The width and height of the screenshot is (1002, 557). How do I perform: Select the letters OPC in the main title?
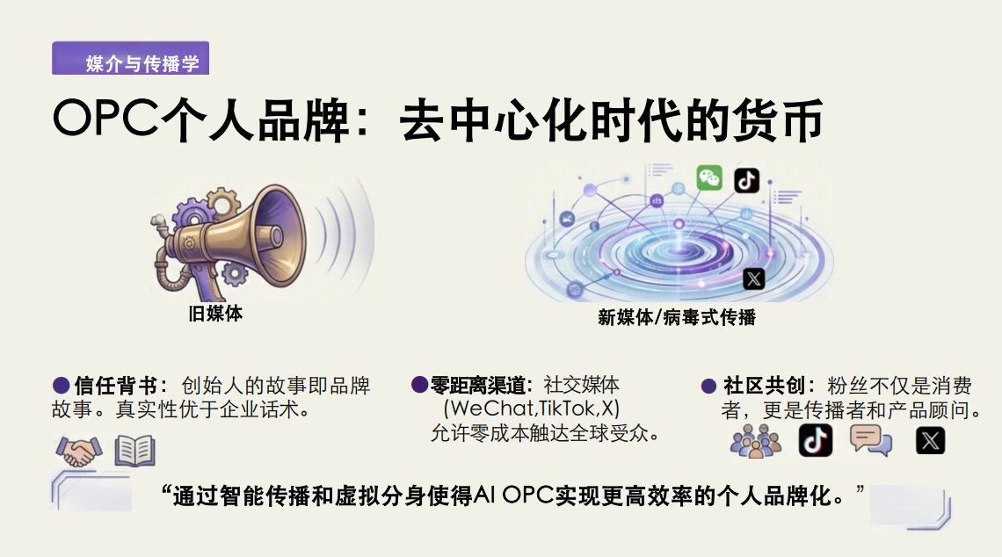click(105, 120)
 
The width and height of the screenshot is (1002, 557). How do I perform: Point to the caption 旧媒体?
click(215, 314)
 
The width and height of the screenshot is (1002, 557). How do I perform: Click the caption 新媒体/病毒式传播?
click(676, 317)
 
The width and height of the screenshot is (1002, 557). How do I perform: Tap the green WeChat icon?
click(709, 178)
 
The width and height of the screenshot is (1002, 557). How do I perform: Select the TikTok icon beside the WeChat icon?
click(746, 181)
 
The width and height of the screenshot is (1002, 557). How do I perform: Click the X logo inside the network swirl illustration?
click(753, 278)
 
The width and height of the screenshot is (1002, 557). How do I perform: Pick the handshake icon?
click(78, 452)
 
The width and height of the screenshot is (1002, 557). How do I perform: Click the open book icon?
click(134, 452)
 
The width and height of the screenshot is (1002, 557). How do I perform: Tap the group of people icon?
click(755, 440)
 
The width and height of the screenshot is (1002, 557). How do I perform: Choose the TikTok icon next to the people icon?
click(815, 439)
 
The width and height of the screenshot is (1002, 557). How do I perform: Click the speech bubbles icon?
click(871, 439)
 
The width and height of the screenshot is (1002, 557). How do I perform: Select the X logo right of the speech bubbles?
click(930, 439)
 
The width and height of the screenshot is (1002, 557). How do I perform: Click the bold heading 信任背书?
click(116, 386)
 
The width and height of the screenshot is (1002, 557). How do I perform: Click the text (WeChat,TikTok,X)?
click(532, 409)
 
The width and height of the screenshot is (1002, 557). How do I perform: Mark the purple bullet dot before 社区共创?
click(708, 386)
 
